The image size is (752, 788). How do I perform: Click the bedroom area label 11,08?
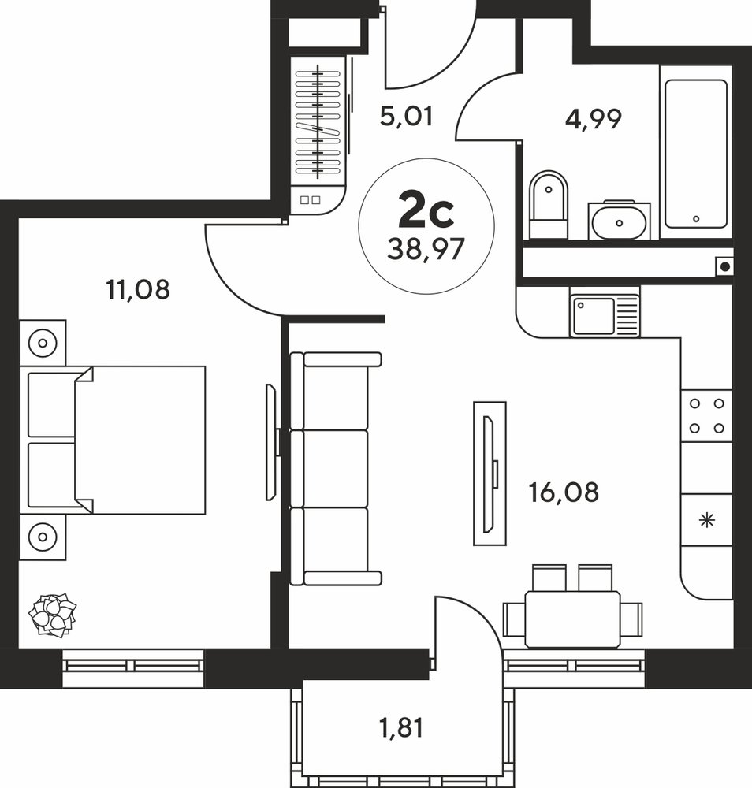138,290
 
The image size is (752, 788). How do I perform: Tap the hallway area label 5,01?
406,117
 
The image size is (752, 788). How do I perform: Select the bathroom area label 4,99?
593,119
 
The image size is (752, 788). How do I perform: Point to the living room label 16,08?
564,492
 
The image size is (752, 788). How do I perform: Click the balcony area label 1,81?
401,727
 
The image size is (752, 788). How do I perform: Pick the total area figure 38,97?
426,249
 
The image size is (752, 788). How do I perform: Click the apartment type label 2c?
426,212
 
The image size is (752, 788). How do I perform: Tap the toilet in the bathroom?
549,205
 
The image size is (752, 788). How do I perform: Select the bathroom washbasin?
619,220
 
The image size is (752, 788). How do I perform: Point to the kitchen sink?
605,315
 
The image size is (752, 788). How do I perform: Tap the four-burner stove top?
707,415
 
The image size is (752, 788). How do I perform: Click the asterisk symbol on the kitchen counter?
707,520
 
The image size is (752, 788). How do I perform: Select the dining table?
572,619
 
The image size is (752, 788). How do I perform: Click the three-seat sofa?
336,468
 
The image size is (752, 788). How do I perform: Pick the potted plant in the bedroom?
52,615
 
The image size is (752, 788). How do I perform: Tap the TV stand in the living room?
490,474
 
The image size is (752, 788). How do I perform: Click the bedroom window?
133,668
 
